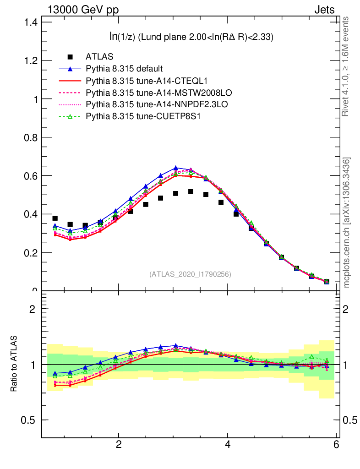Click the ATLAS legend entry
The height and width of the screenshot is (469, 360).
click(x=100, y=57)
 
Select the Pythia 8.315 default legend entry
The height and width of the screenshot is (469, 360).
click(x=124, y=69)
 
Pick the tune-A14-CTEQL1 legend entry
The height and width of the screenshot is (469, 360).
click(x=147, y=81)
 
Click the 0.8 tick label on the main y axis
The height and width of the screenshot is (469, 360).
click(x=31, y=137)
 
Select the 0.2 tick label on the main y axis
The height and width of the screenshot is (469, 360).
click(x=31, y=252)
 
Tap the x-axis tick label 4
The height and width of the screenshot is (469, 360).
click(x=228, y=444)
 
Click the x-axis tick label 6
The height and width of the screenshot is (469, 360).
click(x=337, y=444)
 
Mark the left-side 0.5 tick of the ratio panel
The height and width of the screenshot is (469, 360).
click(x=28, y=420)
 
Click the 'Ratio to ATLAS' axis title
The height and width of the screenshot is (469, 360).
click(x=14, y=364)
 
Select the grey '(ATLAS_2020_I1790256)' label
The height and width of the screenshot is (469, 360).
click(x=190, y=274)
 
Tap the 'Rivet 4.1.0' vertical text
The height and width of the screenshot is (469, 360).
click(x=346, y=66)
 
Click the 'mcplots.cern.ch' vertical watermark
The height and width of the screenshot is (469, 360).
click(x=347, y=222)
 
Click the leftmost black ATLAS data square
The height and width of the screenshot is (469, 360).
click(x=55, y=218)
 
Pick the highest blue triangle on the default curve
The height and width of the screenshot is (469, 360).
click(x=176, y=168)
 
